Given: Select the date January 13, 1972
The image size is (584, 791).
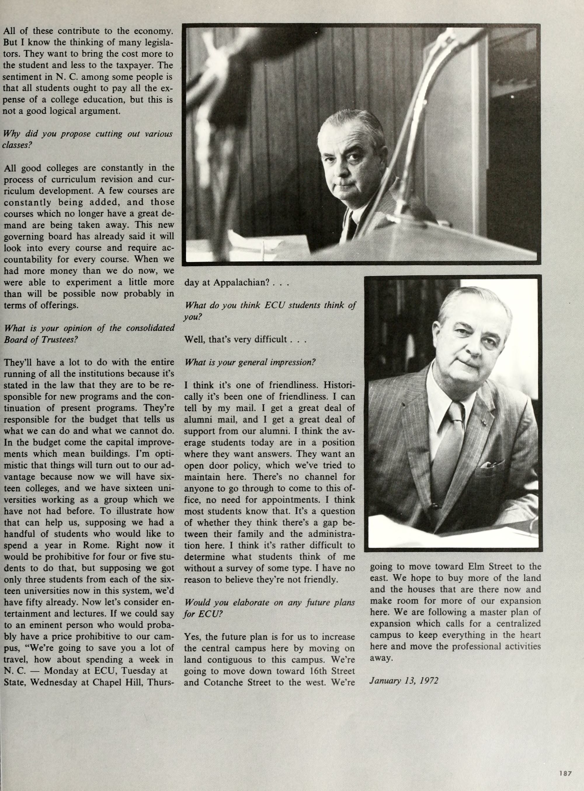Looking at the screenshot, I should (404, 680).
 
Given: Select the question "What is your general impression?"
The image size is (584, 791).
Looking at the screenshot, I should (250, 362).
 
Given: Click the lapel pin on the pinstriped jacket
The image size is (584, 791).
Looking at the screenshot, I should (485, 423).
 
